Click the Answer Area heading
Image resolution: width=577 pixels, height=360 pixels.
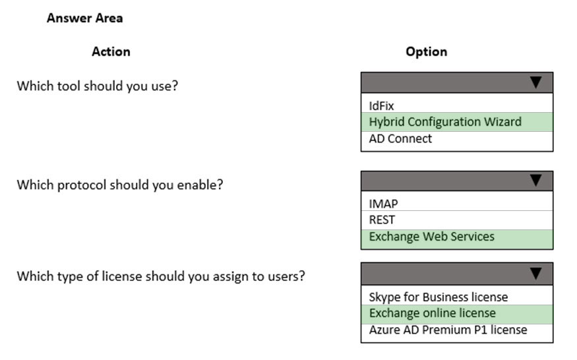click(84, 18)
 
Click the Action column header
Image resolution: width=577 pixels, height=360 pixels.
click(111, 51)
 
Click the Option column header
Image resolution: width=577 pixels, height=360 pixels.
click(427, 51)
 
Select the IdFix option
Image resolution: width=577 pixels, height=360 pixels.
click(381, 106)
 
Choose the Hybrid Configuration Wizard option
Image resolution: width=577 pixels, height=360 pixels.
click(445, 122)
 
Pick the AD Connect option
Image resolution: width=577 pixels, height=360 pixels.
click(400, 138)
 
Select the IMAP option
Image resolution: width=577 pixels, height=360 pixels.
click(383, 204)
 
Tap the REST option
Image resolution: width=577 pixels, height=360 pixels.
click(382, 220)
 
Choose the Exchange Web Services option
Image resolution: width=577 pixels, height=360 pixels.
click(432, 236)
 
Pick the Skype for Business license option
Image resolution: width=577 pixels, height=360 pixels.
click(439, 297)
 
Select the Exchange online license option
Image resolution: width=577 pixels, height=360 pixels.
click(433, 313)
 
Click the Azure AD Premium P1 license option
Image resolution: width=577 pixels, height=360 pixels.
click(448, 330)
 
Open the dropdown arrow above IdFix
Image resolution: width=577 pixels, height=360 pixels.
click(535, 82)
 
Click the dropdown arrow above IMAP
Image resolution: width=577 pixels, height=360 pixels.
click(535, 181)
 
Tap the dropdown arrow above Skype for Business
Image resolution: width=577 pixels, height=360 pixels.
click(535, 274)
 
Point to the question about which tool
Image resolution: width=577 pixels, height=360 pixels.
click(98, 86)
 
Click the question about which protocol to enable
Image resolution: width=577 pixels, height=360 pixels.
click(120, 185)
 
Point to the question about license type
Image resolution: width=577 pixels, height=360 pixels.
click(161, 276)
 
